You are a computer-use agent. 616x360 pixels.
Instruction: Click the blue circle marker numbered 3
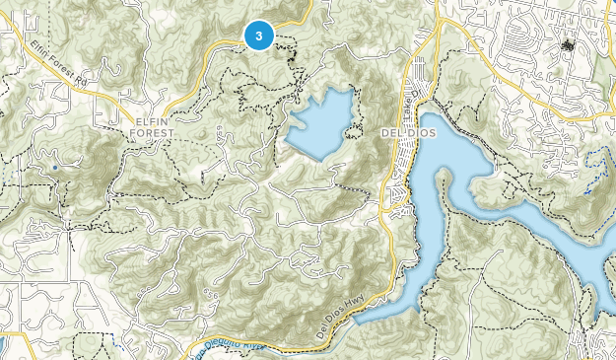pos(258,36)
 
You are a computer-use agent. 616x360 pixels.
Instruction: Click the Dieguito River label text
pos(226,345)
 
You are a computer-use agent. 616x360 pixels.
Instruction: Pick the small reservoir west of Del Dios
pos(320,123)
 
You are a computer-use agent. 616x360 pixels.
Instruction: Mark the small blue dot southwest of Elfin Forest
pos(55,169)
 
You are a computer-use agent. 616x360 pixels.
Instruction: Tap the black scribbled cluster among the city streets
pos(567,44)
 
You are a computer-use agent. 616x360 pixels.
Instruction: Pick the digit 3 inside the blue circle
pos(258,36)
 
